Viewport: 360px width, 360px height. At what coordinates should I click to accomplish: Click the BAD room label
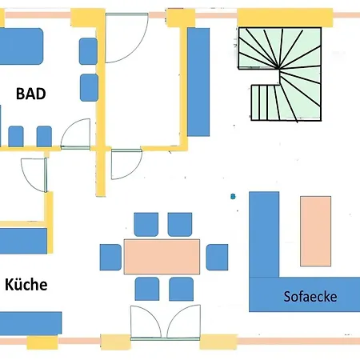point(31,94)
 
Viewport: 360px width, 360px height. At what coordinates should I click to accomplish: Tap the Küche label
point(26,284)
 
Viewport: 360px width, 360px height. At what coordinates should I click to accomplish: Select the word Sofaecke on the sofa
point(310,297)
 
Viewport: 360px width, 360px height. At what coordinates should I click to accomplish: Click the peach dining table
point(162,257)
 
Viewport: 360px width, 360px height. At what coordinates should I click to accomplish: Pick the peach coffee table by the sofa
point(316,231)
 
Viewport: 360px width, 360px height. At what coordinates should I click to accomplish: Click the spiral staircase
point(280,74)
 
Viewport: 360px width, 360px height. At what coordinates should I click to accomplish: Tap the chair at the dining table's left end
point(110,257)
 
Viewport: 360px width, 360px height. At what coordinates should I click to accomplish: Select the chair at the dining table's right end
point(217,257)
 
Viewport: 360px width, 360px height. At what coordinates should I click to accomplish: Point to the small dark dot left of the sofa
point(233,197)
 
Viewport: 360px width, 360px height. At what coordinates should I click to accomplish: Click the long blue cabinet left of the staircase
point(198,82)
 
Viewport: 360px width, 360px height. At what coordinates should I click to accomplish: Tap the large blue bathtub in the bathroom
point(21,46)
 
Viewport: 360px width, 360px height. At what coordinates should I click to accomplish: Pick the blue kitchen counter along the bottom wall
point(30,323)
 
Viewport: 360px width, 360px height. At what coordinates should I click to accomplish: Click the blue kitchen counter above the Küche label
point(23,241)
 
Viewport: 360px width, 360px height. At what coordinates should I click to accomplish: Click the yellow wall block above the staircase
point(285,18)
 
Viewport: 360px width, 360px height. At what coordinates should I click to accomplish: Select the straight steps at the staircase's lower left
point(265,102)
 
